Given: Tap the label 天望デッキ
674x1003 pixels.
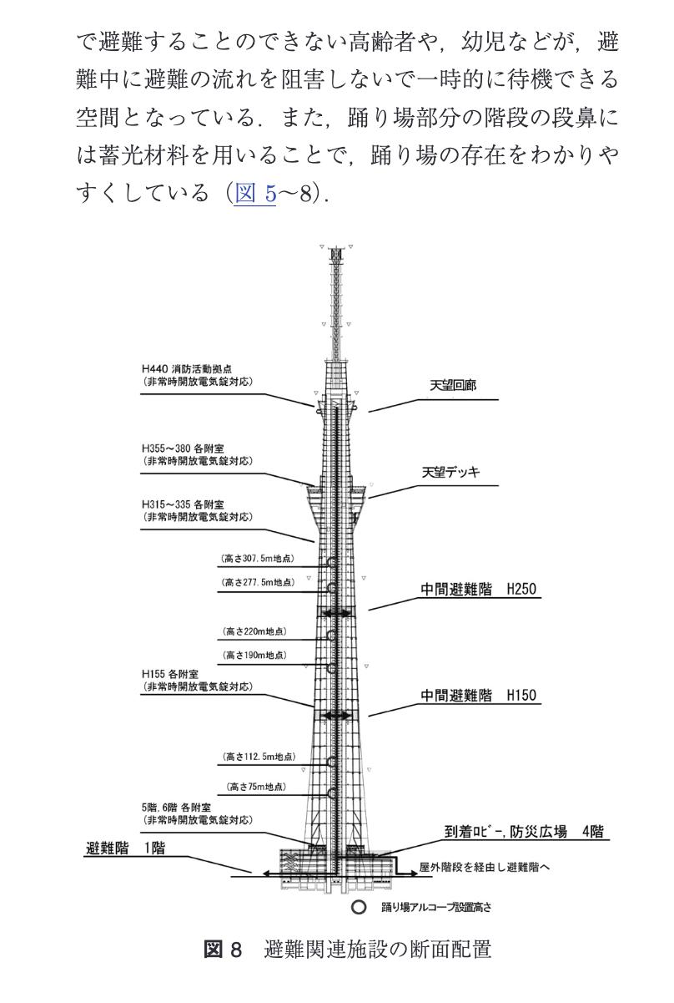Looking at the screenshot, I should point(451,473).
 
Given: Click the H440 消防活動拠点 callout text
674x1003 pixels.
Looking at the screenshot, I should point(197,376).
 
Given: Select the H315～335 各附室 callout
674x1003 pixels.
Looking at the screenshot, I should point(197,511).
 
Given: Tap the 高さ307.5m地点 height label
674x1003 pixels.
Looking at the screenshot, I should point(258,558).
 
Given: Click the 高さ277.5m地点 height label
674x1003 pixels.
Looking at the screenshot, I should point(258,583).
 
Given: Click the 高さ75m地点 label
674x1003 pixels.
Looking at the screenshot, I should point(259,787).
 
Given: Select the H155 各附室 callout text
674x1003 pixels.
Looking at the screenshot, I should point(197,680).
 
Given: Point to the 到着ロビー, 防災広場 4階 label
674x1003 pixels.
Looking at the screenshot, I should point(526,832).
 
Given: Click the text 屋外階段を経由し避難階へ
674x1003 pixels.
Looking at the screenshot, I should point(485,868).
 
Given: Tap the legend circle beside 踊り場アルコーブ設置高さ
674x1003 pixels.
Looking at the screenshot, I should point(360,905).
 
